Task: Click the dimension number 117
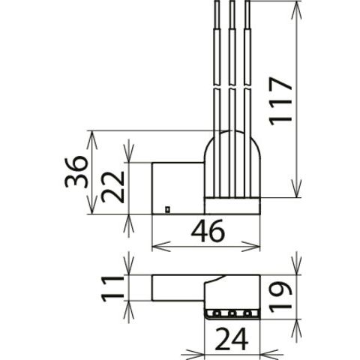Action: click(x=280, y=101)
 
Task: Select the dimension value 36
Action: click(x=76, y=172)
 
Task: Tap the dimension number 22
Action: click(x=112, y=187)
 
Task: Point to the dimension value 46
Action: click(x=208, y=231)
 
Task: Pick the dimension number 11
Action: click(x=112, y=289)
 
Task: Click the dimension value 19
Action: click(x=280, y=297)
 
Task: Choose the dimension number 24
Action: click(x=232, y=339)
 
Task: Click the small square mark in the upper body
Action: click(x=168, y=209)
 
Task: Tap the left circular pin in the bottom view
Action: click(x=217, y=313)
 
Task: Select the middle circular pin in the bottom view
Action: click(x=232, y=313)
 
